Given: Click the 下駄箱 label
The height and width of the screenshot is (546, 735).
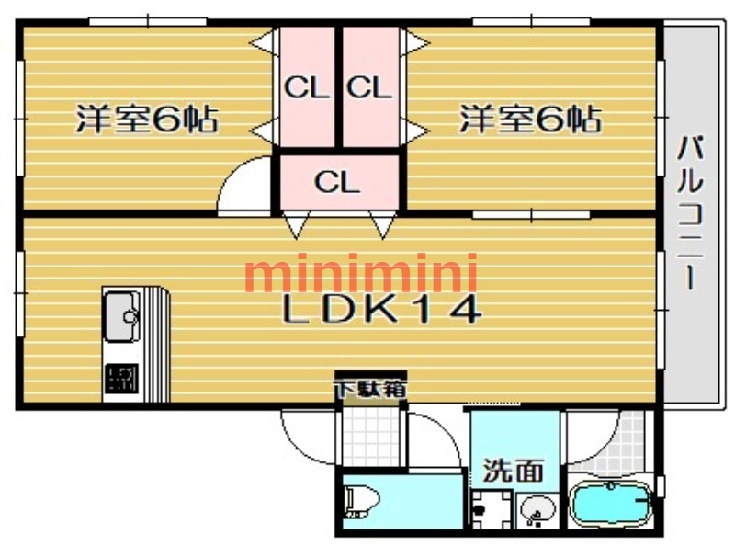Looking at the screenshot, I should [370, 390].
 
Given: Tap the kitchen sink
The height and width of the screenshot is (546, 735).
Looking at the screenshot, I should [121, 315].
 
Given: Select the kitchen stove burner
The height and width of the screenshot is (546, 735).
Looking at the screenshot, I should [119, 379].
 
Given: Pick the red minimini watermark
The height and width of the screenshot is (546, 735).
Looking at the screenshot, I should [362, 273].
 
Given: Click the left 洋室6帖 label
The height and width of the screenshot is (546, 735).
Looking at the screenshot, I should [146, 119].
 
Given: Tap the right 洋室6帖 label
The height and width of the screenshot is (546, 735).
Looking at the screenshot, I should [530, 119].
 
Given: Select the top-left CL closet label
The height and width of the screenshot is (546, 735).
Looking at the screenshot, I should [306, 88].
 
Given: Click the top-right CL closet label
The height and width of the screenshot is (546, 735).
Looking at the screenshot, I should [369, 88].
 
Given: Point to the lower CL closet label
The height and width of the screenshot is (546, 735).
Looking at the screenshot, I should [337, 181].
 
